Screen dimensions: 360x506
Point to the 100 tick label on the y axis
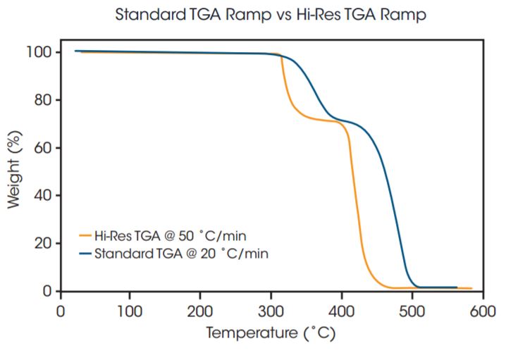(x=39, y=52)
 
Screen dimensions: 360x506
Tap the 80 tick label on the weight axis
(x=43, y=100)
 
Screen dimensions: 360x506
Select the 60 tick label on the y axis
(x=43, y=148)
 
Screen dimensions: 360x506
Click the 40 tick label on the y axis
(x=43, y=195)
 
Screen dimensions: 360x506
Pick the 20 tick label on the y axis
(x=43, y=243)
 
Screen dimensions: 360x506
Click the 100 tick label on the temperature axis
(x=130, y=309)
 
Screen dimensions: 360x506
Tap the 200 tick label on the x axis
(x=201, y=309)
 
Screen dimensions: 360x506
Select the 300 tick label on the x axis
(x=271, y=309)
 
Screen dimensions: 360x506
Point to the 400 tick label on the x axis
(x=342, y=309)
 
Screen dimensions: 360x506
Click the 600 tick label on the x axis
(x=482, y=309)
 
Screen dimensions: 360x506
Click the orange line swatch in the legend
(x=86, y=236)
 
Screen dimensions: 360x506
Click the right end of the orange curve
(x=471, y=288)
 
